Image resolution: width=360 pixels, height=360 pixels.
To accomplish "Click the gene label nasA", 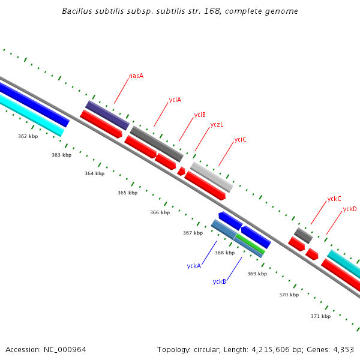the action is coord(136,76).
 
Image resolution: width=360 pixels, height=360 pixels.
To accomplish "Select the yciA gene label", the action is coord(175,100).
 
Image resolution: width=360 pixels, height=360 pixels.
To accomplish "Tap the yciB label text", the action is coord(200,115).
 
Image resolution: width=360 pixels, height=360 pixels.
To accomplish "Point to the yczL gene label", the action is coord(217,125).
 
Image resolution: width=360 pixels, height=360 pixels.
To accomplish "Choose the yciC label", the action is coord(240,139).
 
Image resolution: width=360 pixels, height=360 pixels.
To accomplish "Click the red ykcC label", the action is coord(334,199).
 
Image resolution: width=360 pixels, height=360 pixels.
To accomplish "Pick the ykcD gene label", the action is coord(350,209).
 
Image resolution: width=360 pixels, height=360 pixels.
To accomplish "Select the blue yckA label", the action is coord(194,266).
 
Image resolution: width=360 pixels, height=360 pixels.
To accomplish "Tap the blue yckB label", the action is coord(219,281).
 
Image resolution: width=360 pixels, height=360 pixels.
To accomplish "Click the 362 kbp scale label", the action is coord(28,136).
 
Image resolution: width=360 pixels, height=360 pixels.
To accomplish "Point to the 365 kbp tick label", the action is coord(127,193).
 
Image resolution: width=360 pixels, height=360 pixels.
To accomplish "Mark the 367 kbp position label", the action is coord(193,233).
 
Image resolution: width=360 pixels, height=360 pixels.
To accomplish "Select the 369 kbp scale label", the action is coord(257,274).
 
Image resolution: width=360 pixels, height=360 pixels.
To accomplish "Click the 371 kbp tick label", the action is coord(320,316).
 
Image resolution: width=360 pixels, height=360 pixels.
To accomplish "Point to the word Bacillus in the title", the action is coord(77,11).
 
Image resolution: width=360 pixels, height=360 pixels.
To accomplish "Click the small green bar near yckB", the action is coord(250,243).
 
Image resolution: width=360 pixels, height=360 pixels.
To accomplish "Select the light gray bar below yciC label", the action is coord(212,177).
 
